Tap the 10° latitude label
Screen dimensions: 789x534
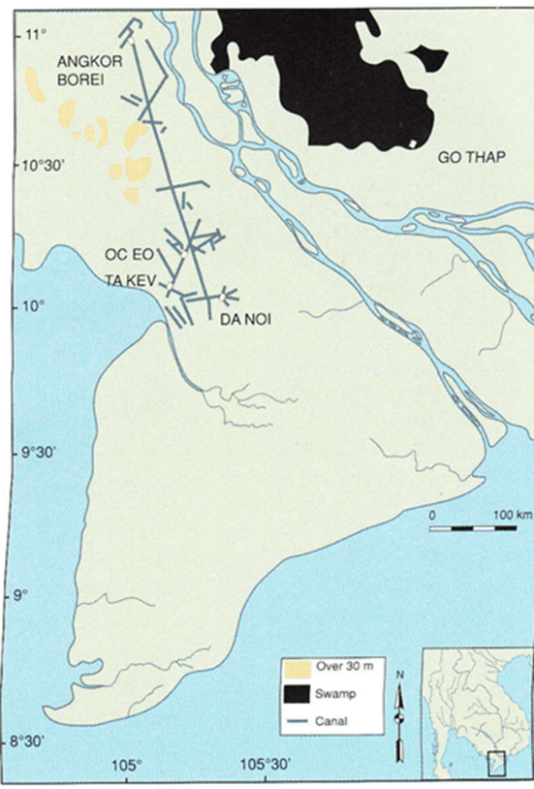[x=35, y=306]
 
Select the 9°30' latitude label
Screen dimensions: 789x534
[x=41, y=452]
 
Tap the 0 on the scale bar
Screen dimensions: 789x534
[x=432, y=513]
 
